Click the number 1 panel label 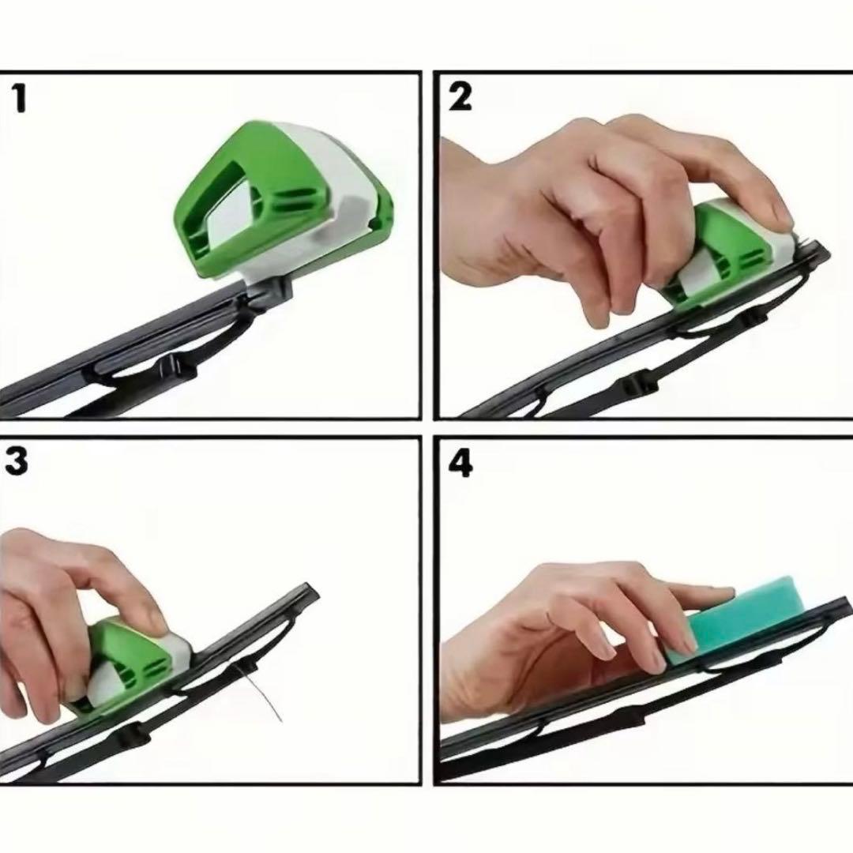coord(20,99)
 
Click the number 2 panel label coord(460,98)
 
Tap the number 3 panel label coord(17,461)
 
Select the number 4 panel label coord(460,464)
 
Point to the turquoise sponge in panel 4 coord(735,620)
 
